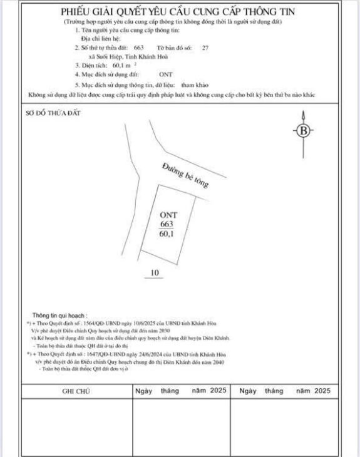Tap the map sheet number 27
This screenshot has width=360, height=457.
coord(205,48)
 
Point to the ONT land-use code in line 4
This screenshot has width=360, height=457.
coord(166,74)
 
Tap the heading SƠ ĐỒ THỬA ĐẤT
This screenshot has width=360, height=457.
coord(54,113)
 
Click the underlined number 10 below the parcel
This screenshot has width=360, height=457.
coord(156,272)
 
